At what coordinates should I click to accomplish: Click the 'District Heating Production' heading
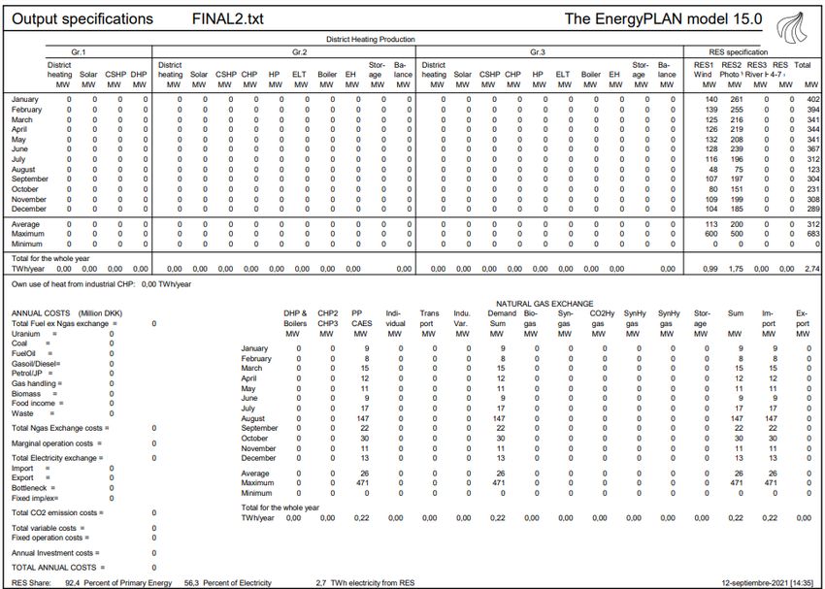(370, 40)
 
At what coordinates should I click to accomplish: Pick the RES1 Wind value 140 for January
(710, 99)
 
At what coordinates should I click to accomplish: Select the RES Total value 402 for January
(812, 99)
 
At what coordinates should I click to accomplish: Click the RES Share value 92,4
(72, 581)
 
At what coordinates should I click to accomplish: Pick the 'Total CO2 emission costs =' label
(64, 512)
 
